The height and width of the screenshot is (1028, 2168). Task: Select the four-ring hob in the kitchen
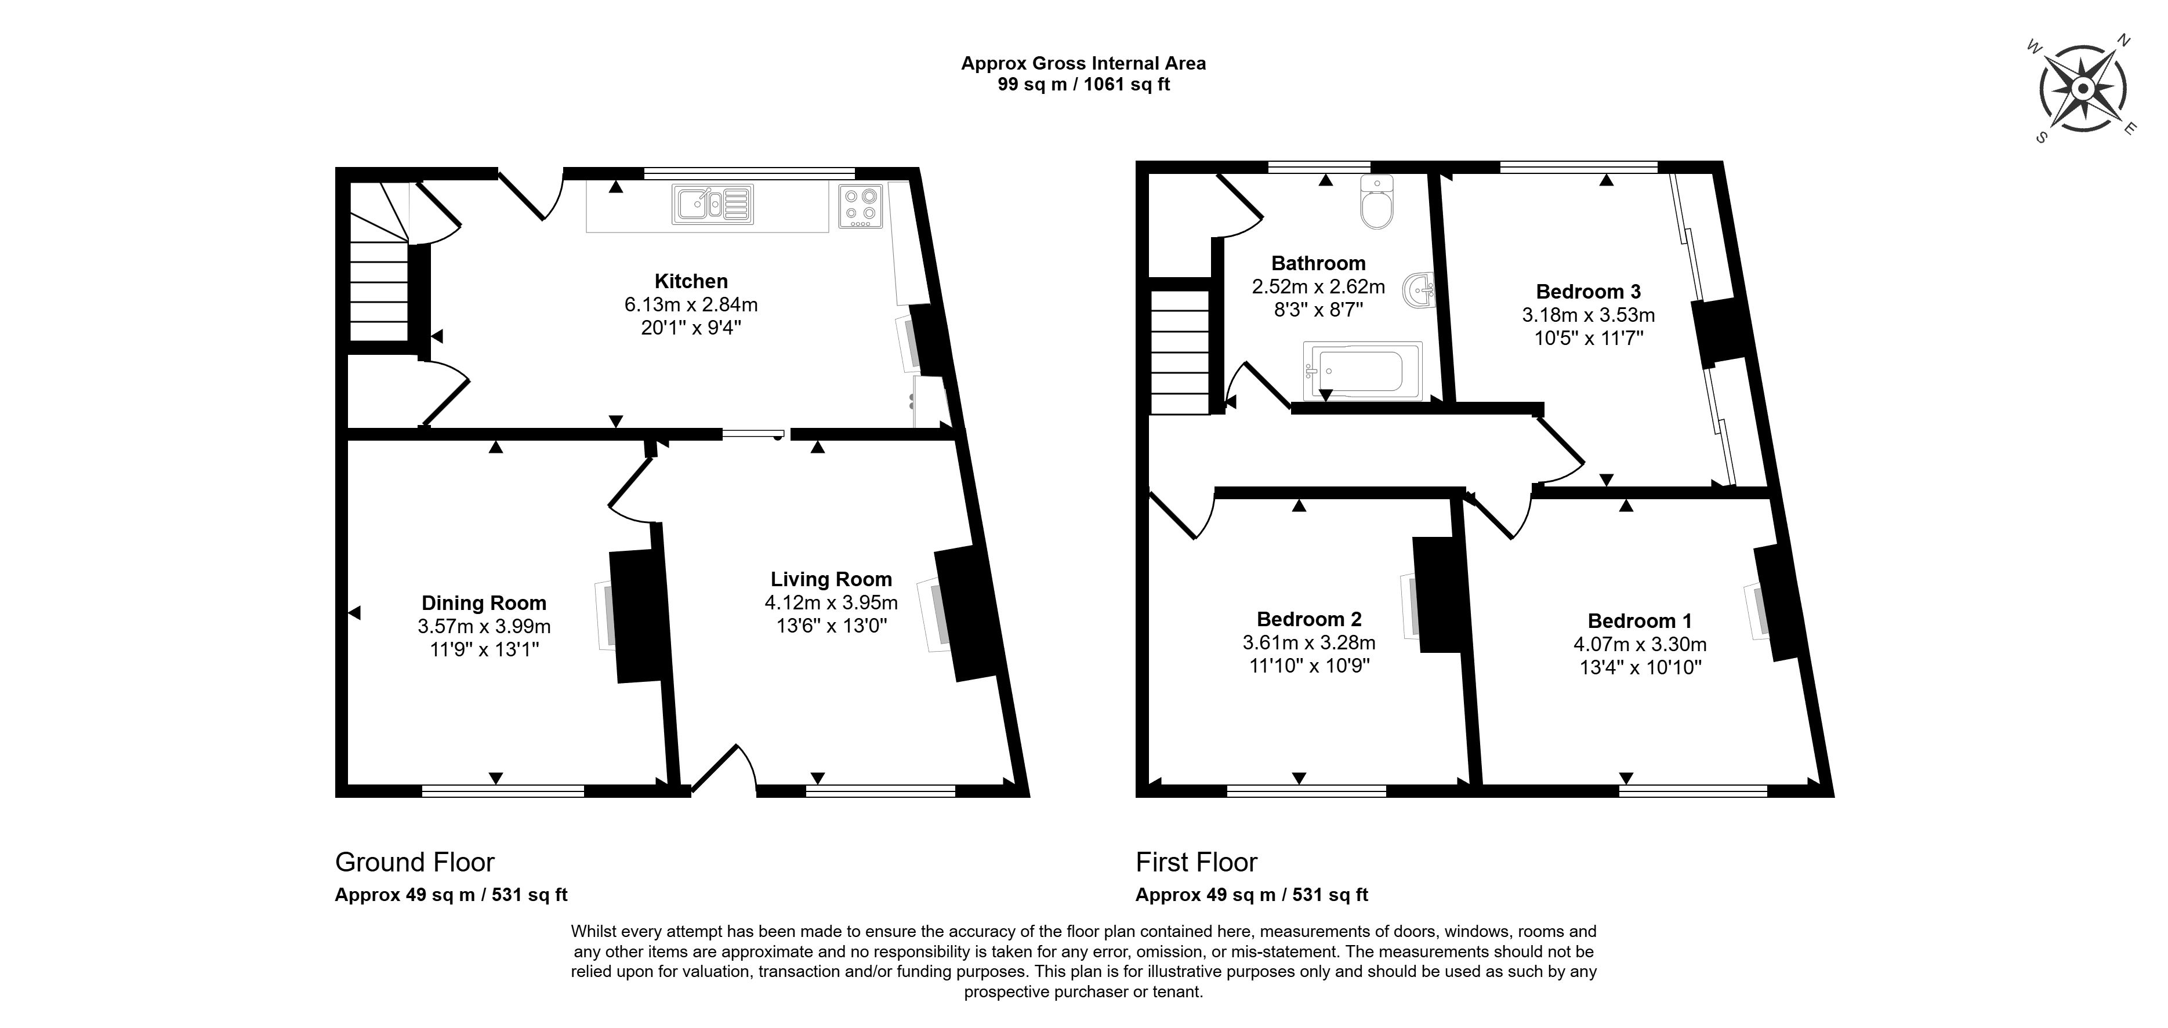[860, 206]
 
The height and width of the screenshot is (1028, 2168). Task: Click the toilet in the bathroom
[1377, 203]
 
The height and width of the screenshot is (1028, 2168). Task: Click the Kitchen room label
[691, 281]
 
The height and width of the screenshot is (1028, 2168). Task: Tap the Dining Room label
[484, 602]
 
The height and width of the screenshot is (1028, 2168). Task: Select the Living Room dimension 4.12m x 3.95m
[831, 602]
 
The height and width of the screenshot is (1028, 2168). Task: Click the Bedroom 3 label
[1588, 291]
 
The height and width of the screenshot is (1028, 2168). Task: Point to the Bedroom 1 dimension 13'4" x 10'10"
[1640, 667]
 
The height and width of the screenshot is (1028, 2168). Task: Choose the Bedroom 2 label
[1308, 619]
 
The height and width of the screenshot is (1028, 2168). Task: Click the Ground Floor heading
[414, 862]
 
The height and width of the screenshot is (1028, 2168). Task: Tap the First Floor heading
[1196, 862]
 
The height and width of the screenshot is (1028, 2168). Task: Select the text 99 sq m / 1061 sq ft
[1083, 84]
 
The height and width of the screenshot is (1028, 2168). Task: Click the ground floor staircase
[379, 278]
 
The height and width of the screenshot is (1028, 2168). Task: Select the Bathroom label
[1318, 263]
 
